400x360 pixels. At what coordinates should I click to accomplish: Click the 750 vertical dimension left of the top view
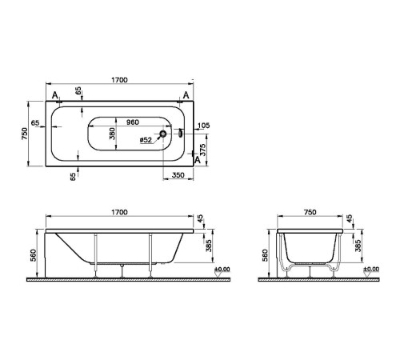(x=24, y=134)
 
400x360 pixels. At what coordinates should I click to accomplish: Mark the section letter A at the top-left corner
(x=55, y=96)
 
